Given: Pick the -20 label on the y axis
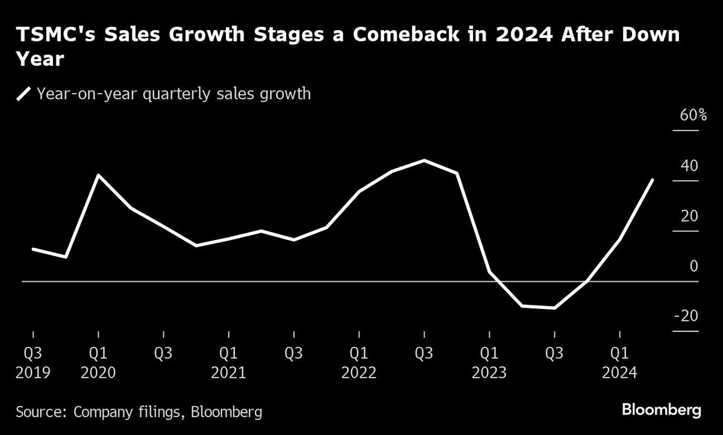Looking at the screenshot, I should coord(685,316).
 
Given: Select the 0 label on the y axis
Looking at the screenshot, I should coord(693,266).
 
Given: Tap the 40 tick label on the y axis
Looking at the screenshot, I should coord(689,166).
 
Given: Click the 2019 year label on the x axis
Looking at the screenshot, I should coord(33,373).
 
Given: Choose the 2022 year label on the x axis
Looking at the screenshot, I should coord(359,373).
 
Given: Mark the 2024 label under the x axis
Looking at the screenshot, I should coord(619,373).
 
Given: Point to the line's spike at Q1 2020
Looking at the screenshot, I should coord(98,175).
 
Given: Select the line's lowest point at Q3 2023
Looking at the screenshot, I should coord(554,308).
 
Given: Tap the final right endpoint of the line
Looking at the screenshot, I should coord(653,180).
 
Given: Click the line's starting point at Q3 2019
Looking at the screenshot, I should coord(33,249).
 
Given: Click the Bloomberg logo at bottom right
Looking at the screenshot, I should coord(661,410).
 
